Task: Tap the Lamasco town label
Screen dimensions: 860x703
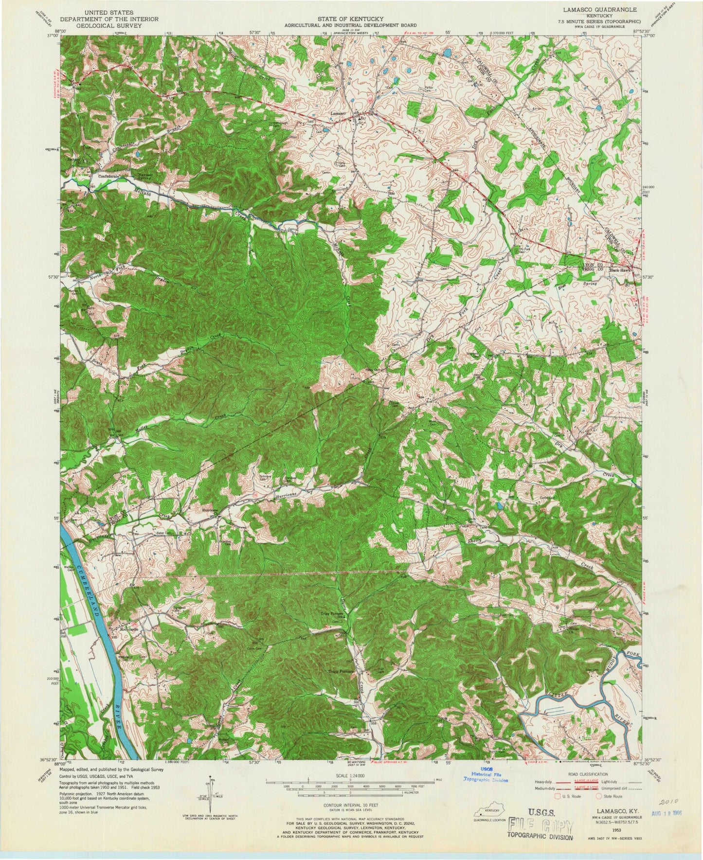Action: pyautogui.click(x=338, y=113)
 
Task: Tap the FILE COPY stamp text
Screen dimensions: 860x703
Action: pyautogui.click(x=540, y=825)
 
